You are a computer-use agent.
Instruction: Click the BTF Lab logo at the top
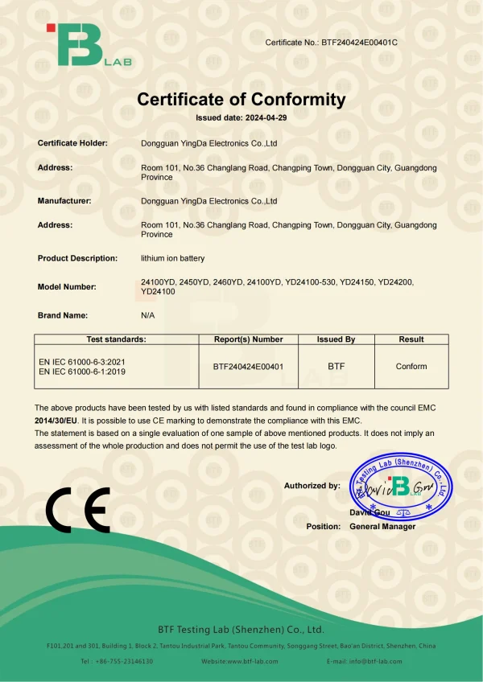pos(88,45)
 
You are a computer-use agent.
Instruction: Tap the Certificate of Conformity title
pos(242,100)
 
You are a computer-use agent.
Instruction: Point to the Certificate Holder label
pos(72,143)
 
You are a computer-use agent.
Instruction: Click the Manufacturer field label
pos(64,201)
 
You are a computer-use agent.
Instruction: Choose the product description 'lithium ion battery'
pos(173,258)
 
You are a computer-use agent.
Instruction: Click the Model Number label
pos(67,287)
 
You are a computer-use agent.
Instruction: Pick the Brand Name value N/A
pos(148,315)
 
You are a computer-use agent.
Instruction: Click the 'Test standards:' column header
pos(117,339)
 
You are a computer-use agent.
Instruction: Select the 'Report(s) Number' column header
pos(248,339)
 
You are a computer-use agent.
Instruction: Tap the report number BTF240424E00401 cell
pos(248,367)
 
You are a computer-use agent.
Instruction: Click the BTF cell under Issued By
pos(336,367)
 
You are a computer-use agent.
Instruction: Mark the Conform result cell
pos(411,367)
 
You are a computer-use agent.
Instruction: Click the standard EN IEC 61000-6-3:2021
pos(81,362)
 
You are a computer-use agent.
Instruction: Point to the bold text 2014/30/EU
pos(56,421)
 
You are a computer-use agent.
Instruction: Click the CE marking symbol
pos(78,509)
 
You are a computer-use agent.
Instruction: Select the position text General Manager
pos(382,527)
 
